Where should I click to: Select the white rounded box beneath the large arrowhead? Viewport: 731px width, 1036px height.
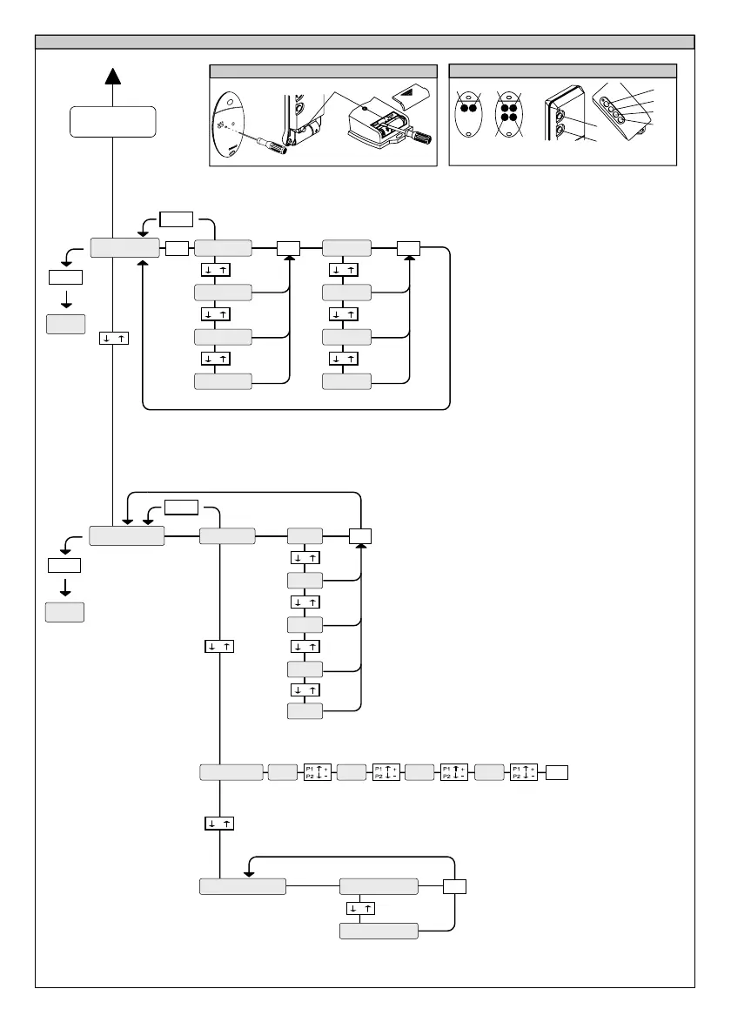(113, 121)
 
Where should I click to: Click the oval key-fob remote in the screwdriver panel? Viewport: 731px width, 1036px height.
(231, 123)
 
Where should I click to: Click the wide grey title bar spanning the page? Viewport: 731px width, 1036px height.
(365, 42)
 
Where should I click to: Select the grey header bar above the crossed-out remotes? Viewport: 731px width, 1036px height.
(562, 71)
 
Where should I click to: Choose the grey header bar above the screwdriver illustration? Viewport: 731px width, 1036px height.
(323, 71)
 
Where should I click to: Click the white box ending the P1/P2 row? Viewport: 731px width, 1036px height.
(557, 771)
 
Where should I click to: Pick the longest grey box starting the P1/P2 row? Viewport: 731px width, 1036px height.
(231, 771)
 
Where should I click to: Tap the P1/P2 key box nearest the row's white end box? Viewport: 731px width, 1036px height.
(524, 771)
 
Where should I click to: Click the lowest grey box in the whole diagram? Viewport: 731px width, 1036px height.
(378, 931)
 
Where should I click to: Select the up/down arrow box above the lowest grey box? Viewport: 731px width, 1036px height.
(360, 908)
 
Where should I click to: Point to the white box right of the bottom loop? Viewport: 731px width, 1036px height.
(454, 886)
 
